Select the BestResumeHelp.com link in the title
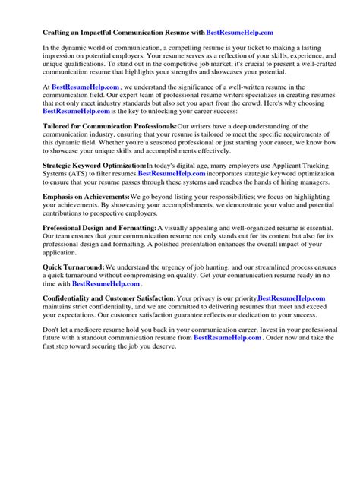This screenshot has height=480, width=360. click(239, 33)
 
